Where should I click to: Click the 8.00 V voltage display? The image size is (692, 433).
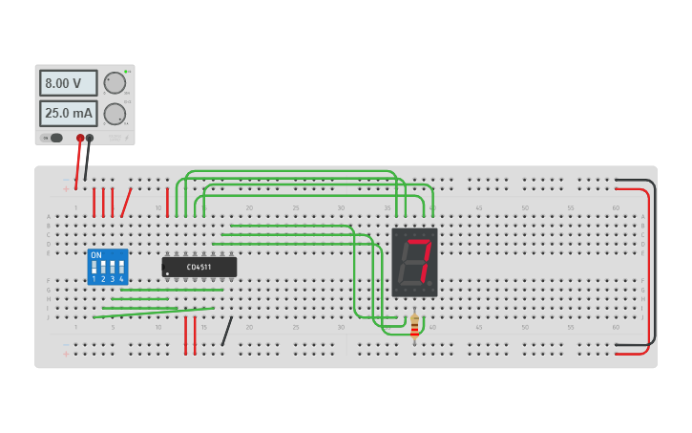(68, 83)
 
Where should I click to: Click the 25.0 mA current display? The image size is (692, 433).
(68, 114)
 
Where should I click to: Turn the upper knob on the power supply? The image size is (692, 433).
(115, 83)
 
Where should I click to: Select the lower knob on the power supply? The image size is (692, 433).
(115, 115)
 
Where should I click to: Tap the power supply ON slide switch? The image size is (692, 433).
(54, 138)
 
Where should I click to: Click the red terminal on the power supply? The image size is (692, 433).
(80, 139)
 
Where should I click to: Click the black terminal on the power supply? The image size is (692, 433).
(90, 139)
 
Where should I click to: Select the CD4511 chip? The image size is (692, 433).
(199, 267)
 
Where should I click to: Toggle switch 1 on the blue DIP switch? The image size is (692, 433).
(94, 268)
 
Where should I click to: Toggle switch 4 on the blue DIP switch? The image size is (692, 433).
(121, 268)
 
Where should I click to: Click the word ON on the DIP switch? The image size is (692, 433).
(96, 255)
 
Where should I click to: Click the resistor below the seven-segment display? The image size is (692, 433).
(414, 328)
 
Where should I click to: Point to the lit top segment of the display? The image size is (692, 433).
(417, 242)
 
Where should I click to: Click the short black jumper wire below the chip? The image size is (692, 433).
(226, 332)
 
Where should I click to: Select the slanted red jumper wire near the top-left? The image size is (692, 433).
(126, 203)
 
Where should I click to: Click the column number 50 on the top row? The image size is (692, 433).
(524, 207)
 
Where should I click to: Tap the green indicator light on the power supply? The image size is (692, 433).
(125, 72)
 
